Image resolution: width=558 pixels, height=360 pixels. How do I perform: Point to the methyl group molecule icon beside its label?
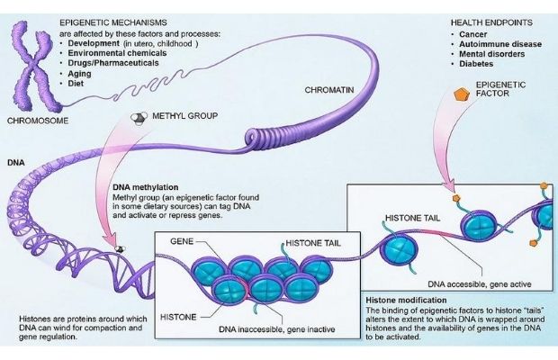[139, 117]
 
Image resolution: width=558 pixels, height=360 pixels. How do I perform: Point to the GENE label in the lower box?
[181, 244]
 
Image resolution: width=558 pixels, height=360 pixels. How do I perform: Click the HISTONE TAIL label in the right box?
[413, 219]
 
